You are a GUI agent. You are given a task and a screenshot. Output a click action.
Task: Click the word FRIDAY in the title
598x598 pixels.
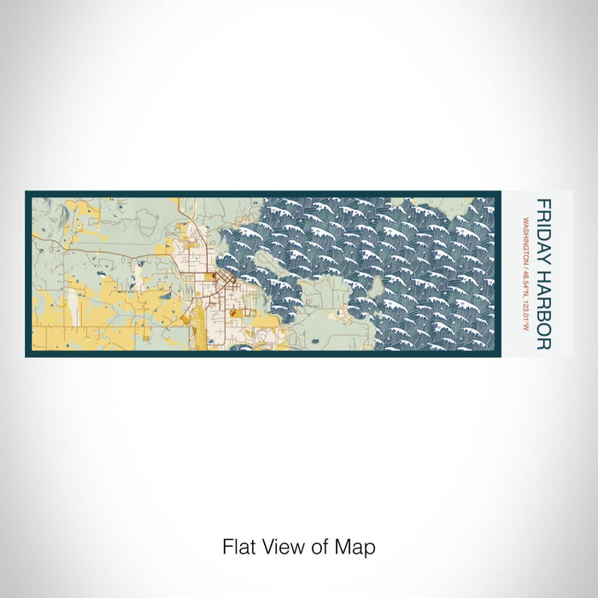pyautogui.click(x=542, y=225)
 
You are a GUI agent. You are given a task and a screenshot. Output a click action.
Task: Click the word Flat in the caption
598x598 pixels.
pyautogui.click(x=237, y=547)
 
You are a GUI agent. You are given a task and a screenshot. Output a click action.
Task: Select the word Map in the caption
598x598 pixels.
pyautogui.click(x=358, y=547)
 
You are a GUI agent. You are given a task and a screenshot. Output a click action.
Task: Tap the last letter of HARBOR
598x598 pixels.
pyautogui.click(x=542, y=345)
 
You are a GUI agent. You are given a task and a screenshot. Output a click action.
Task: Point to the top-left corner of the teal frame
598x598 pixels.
pyautogui.click(x=26, y=192)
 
